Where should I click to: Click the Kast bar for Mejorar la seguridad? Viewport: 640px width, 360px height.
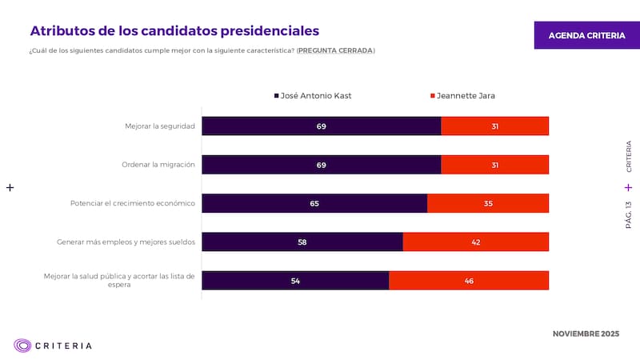pos(321,126)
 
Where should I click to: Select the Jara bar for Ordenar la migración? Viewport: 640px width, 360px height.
pos(494,165)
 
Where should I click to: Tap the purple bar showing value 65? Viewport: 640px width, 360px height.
pos(314,203)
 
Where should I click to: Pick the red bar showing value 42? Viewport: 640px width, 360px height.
pos(475,242)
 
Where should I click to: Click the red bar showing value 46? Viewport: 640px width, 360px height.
pos(469,280)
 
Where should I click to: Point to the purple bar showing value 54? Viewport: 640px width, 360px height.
pos(295,280)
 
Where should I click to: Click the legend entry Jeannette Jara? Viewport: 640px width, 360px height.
pos(462,96)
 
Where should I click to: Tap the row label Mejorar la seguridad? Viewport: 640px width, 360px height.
pos(160,126)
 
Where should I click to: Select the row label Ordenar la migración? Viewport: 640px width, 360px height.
pos(158,165)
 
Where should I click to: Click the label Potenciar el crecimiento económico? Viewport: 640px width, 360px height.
pos(133,203)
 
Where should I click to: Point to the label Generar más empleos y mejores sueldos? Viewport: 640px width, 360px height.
pos(126,242)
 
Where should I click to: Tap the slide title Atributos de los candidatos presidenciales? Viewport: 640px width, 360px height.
pos(174,30)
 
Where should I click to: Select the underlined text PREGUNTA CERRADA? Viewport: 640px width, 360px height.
pos(335,51)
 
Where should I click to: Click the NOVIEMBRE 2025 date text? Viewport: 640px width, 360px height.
pos(586,333)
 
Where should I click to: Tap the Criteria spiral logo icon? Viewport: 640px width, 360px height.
pos(22,346)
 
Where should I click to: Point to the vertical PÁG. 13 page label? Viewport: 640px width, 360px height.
pos(628,215)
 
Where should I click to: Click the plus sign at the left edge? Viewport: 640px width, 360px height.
pos(10,187)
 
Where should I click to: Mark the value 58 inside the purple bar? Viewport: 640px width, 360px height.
pos(302,242)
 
